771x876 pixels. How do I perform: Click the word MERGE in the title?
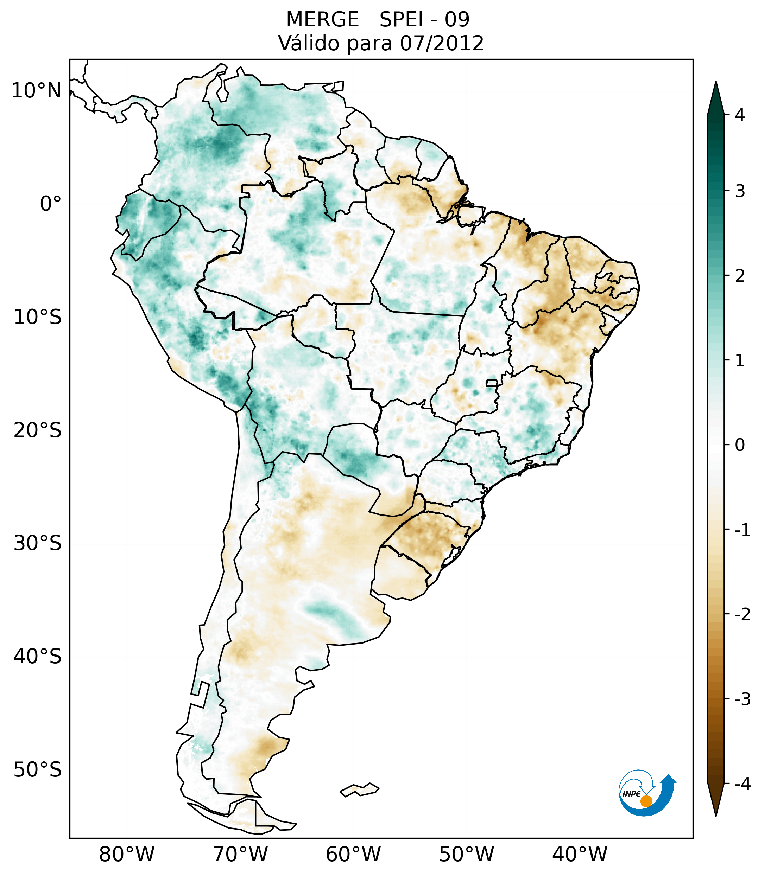tap(322, 20)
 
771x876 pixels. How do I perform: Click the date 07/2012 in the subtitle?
tap(442, 43)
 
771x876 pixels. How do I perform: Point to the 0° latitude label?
tap(51, 204)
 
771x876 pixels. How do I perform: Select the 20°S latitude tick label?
tap(38, 430)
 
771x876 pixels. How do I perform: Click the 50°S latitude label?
tap(38, 770)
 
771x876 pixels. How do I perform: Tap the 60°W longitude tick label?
tap(353, 854)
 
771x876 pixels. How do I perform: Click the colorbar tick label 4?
tap(740, 115)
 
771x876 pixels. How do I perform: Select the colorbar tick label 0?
tap(740, 445)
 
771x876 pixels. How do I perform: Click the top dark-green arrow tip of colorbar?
tap(716, 88)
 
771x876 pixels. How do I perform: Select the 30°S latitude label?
tap(38, 543)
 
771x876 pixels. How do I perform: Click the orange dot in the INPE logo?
tap(646, 801)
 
